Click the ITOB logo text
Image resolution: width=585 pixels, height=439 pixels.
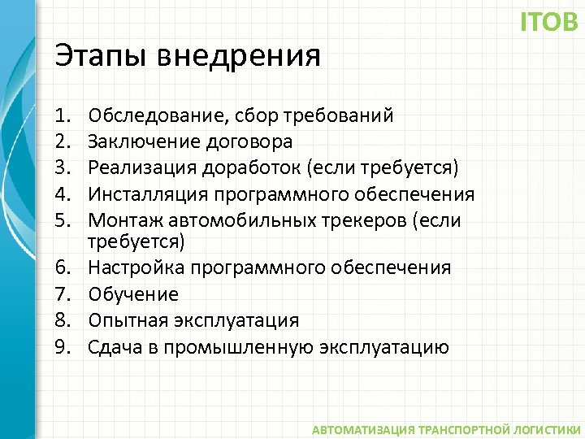(549, 22)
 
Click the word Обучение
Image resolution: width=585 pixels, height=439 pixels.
(133, 293)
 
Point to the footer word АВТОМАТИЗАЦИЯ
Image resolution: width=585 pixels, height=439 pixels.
(362, 428)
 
